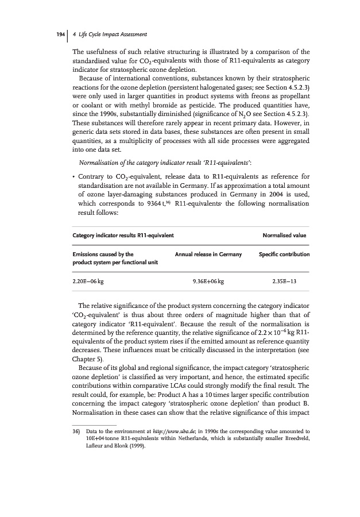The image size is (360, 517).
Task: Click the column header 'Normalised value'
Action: coord(284,235)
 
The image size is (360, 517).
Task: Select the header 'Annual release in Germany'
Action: coord(208,254)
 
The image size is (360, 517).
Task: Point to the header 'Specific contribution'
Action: coord(284,254)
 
